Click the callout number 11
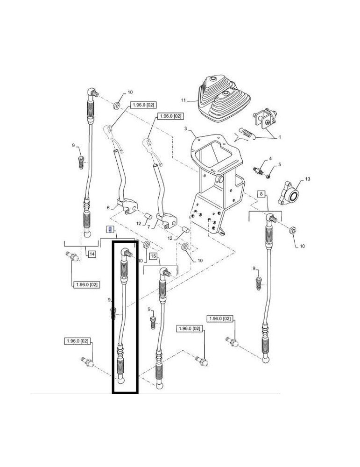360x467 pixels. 184,100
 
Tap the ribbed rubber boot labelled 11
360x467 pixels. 224,98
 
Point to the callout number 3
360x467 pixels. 185,129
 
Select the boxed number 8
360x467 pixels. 261,194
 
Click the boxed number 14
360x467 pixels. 92,254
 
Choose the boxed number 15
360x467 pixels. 153,256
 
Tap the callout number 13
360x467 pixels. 308,179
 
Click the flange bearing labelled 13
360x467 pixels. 288,193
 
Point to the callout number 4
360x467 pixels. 270,159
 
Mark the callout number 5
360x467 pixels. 279,164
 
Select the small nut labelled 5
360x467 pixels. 268,177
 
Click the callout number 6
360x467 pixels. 108,208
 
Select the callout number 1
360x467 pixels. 280,138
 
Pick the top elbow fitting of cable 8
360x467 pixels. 271,218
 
